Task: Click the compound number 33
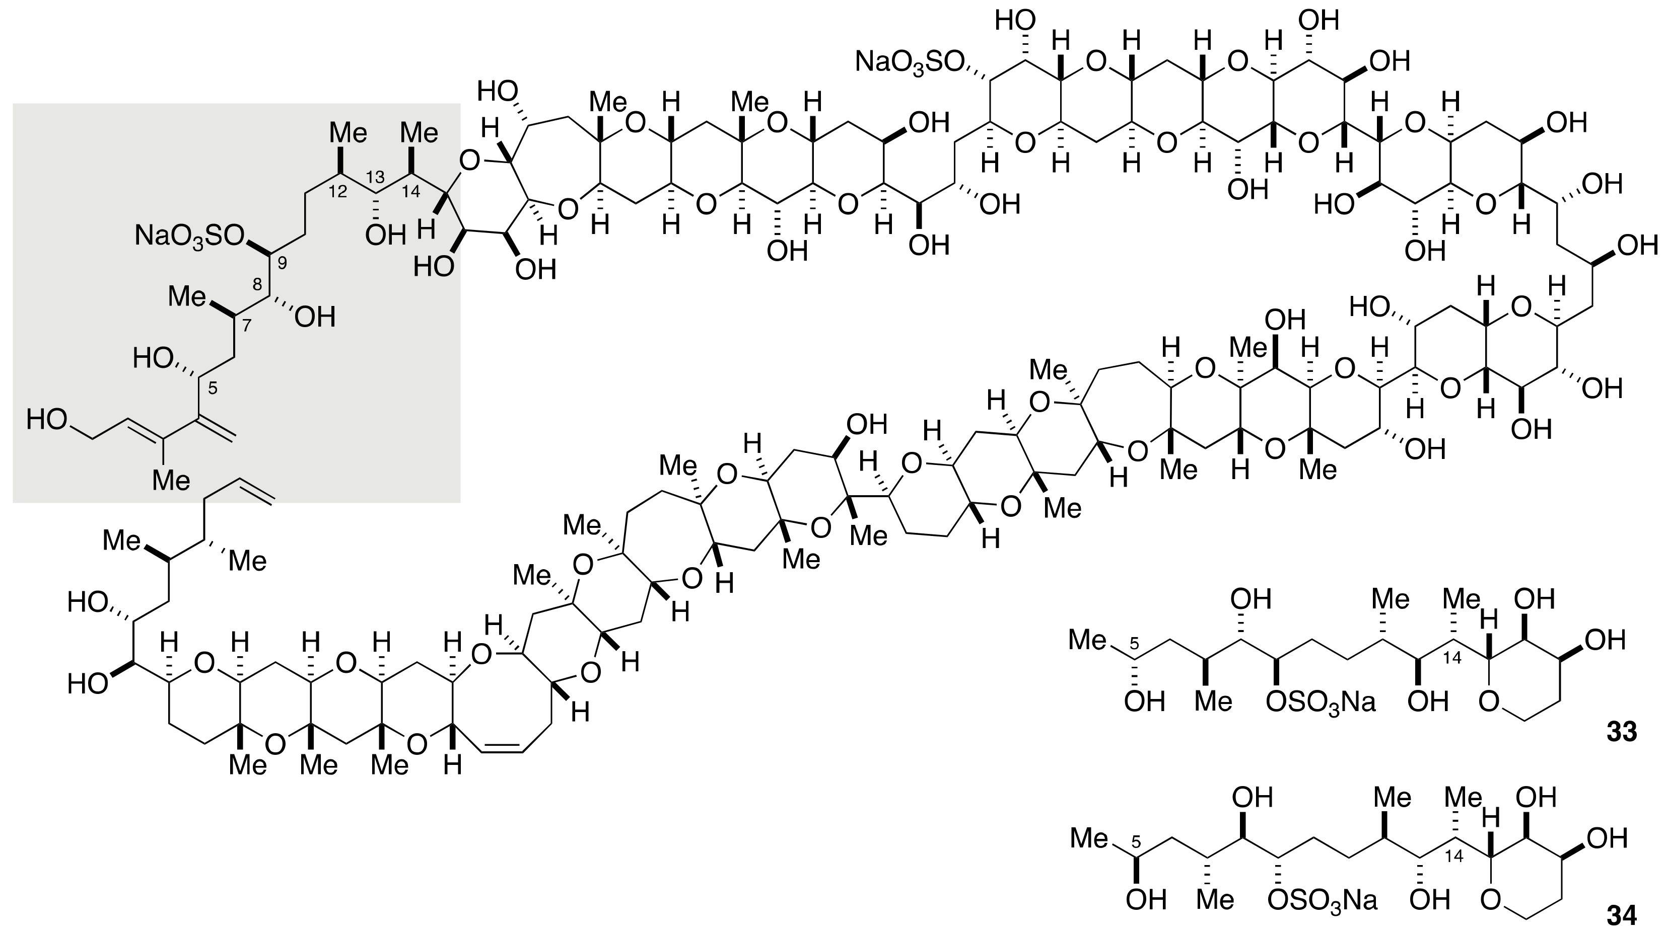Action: pyautogui.click(x=1621, y=732)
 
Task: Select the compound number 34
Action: pyautogui.click(x=1621, y=915)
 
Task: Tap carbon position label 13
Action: pyautogui.click(x=375, y=177)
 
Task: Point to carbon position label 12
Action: pyautogui.click(x=337, y=191)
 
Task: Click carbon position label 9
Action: pyautogui.click(x=282, y=263)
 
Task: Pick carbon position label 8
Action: pyautogui.click(x=257, y=284)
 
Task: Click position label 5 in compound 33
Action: pyautogui.click(x=1133, y=644)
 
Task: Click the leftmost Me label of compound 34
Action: pyautogui.click(x=1090, y=838)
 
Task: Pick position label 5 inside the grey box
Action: pyautogui.click(x=213, y=388)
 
